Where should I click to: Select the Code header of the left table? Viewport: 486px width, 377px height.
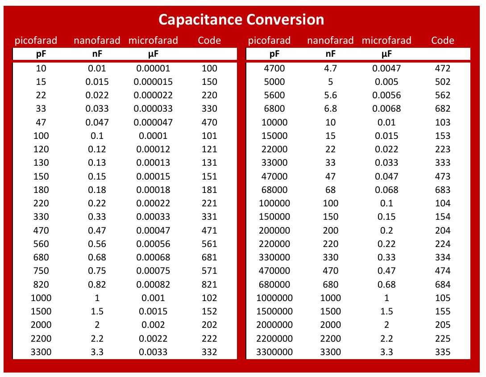pos(209,41)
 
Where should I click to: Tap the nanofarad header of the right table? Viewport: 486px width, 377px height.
pos(330,41)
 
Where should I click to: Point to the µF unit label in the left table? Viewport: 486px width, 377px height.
pos(153,54)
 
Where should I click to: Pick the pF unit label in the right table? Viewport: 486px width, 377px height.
pos(274,54)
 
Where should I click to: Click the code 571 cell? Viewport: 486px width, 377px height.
pos(209,271)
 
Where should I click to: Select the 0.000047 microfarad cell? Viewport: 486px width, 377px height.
pos(153,122)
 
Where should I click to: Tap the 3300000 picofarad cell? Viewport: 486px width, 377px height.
pos(274,352)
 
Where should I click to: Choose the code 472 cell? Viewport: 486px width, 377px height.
pos(442,68)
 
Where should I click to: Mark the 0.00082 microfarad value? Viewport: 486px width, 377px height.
pos(153,285)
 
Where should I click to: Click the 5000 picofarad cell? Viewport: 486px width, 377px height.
pos(274,82)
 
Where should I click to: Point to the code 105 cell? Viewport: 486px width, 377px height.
pos(442,298)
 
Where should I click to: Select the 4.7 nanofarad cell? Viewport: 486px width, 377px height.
pos(330,68)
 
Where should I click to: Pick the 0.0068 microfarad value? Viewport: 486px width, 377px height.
pos(386,109)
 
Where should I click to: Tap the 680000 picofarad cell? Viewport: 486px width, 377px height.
pos(274,285)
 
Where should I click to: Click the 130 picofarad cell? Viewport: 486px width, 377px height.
pos(41,163)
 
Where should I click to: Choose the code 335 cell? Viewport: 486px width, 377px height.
pos(442,352)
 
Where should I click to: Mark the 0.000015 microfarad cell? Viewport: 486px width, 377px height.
pos(153,82)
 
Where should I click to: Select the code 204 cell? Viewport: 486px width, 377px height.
pos(442,230)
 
